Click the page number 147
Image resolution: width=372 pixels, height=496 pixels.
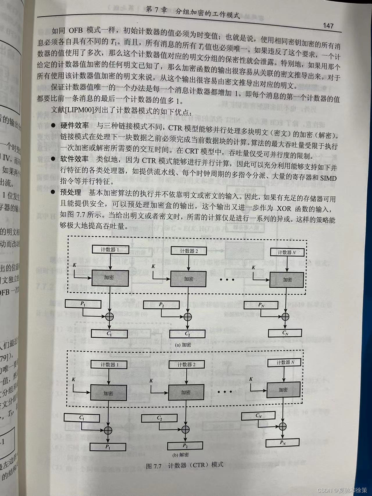tap(328, 26)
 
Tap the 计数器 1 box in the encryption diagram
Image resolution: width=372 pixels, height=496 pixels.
tap(110, 250)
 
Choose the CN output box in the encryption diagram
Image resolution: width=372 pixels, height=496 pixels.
tap(285, 333)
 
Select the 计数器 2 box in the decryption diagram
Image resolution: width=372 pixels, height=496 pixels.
tap(187, 365)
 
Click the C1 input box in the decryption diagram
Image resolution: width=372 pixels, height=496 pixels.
tap(82, 418)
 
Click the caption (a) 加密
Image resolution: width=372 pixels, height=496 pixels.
tap(183, 345)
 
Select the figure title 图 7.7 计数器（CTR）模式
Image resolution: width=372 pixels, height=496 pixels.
tap(185, 466)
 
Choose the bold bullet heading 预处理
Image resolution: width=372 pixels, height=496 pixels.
tap(71, 192)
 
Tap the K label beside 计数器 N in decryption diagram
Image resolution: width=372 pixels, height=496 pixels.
tap(251, 379)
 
